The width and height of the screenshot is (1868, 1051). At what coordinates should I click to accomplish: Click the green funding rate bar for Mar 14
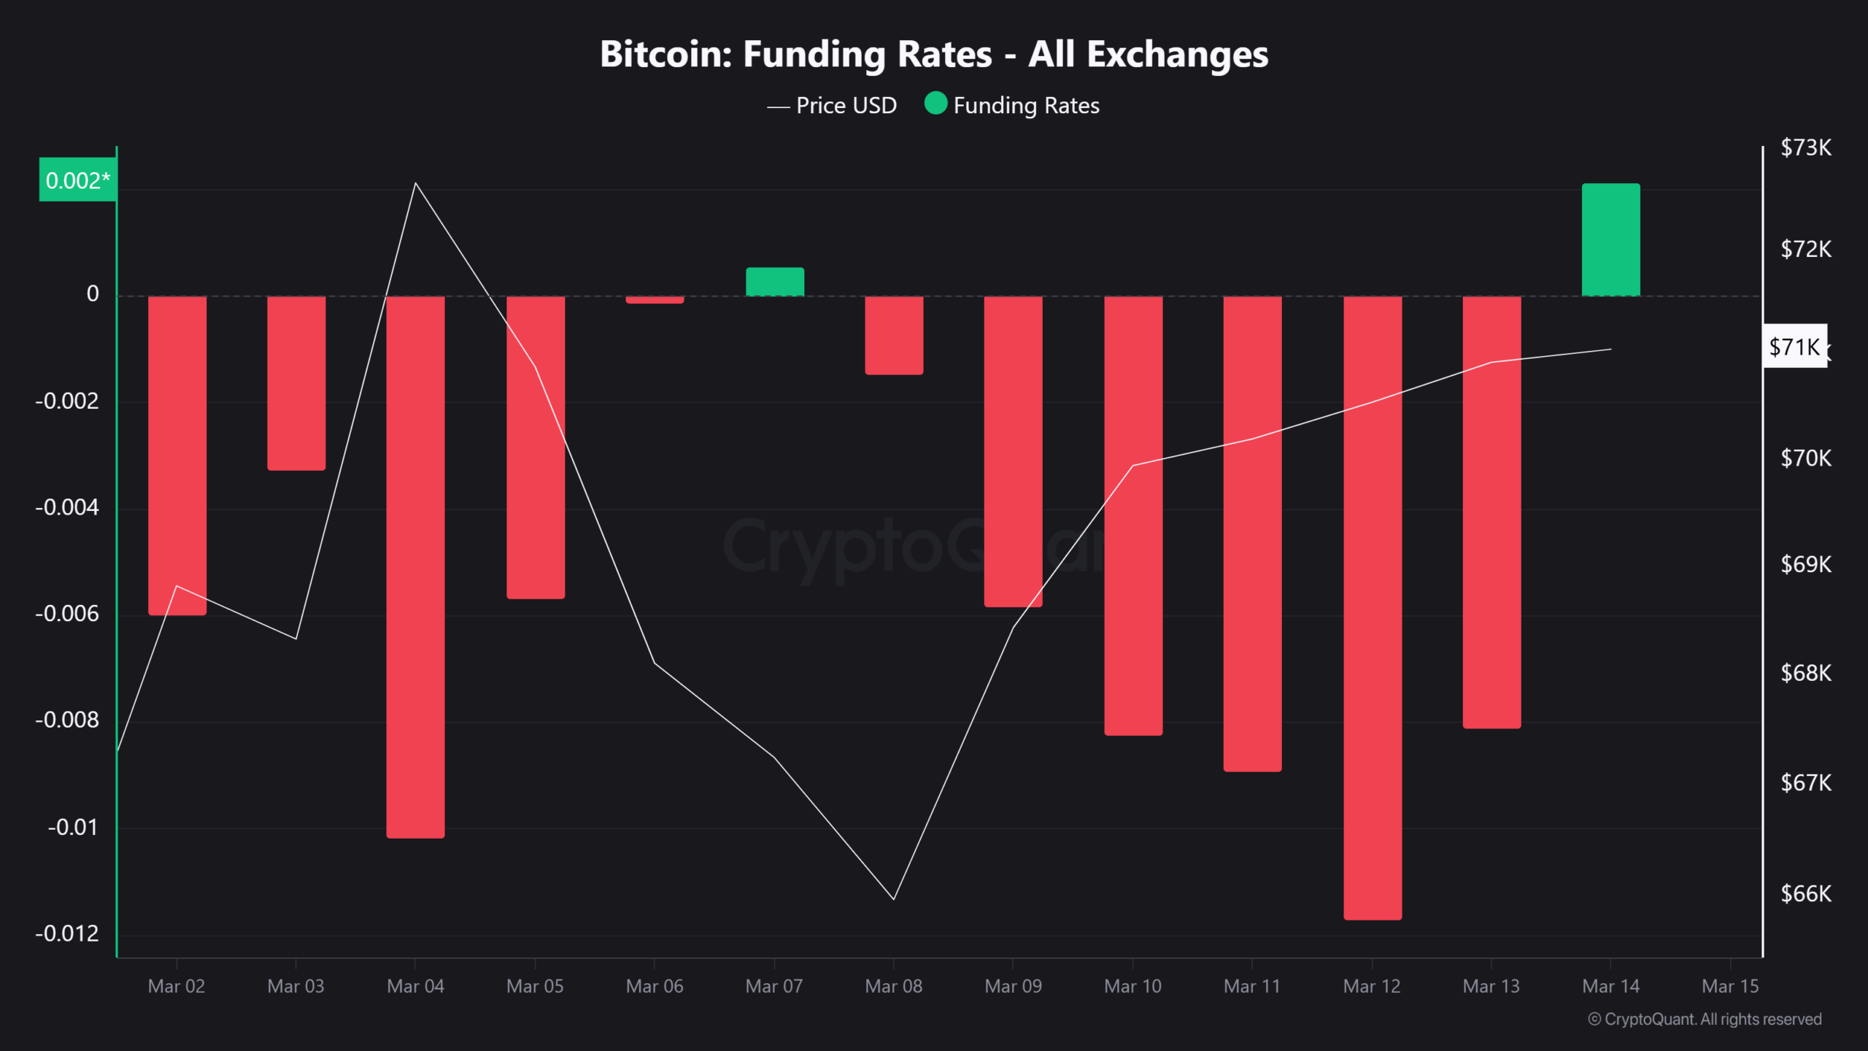pos(1610,239)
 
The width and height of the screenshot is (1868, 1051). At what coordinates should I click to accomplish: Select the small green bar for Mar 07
pos(774,282)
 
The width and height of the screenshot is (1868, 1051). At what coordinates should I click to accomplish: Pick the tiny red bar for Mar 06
pos(655,300)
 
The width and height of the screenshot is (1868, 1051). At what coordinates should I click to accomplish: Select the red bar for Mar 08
pos(894,336)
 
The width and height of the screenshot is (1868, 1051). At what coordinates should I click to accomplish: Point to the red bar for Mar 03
pos(296,383)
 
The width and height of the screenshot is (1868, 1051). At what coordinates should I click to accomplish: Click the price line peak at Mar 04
pos(415,183)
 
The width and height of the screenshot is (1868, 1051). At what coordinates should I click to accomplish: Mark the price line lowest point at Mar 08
pos(894,898)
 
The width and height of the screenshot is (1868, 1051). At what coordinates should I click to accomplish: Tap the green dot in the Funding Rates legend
pos(935,104)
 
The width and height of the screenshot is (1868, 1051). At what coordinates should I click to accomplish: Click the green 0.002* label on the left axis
pos(77,180)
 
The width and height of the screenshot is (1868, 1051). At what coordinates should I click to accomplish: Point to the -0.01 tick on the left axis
pos(72,827)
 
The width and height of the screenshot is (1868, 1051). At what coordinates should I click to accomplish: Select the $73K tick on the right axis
pos(1805,147)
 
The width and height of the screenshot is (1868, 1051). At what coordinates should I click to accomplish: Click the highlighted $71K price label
pos(1794,347)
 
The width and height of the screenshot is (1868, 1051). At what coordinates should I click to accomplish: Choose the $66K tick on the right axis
pos(1805,893)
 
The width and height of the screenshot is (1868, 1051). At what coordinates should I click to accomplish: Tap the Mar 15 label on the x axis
pos(1730,986)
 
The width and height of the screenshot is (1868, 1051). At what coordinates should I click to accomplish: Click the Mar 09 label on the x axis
pos(1013,986)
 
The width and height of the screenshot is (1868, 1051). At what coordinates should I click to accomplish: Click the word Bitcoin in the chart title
pos(665,54)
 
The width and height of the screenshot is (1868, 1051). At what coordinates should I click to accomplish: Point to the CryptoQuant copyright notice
pos(1705,1019)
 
